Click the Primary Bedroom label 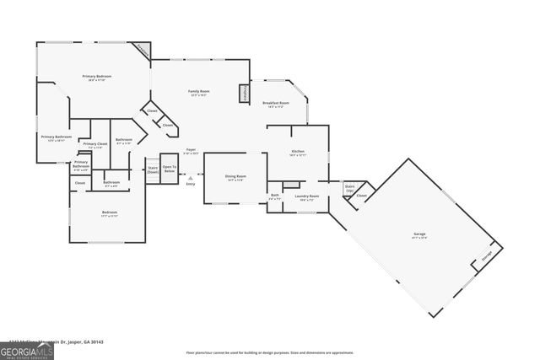coord(97,78)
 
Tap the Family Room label coord(198,93)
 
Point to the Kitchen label coord(297,153)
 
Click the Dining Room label coord(234,178)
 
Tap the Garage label coord(419,236)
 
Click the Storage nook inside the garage coord(487,256)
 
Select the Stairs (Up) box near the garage coord(349,187)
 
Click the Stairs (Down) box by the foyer coord(153,169)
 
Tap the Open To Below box coord(170,168)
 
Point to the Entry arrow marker coord(191,179)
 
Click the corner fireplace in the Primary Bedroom coord(142,51)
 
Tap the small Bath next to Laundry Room coord(275,197)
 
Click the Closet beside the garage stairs coord(361,196)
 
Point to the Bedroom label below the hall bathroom coord(110,213)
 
